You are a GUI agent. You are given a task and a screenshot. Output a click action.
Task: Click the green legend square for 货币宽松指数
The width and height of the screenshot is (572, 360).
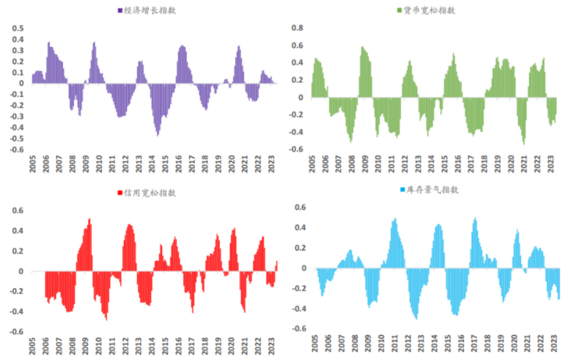point(400,11)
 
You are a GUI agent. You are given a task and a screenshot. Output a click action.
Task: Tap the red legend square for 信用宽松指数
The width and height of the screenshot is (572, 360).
point(120,192)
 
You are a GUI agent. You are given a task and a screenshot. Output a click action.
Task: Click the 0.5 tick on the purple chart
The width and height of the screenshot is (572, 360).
point(18,28)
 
